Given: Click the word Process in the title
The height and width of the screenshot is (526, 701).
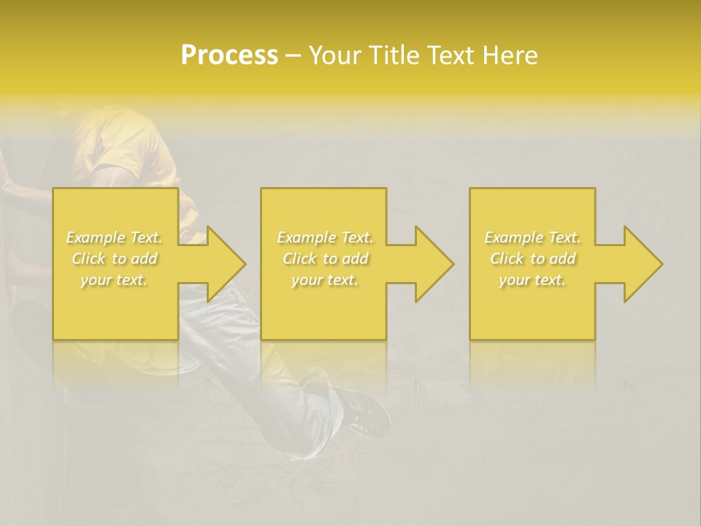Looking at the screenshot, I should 229,56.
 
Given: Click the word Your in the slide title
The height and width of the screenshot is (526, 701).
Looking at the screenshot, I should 337,56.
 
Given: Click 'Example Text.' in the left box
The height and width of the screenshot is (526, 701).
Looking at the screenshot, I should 115,237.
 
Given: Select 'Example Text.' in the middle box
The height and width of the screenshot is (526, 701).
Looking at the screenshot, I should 325,237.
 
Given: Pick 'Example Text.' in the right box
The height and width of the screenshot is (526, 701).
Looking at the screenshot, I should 532,237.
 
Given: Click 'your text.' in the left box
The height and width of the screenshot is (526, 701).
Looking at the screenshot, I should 115,280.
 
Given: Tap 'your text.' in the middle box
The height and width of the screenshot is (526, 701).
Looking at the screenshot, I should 325,280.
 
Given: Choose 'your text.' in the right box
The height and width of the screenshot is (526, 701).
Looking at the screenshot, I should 532,280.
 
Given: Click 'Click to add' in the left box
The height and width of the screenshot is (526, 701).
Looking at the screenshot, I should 115,259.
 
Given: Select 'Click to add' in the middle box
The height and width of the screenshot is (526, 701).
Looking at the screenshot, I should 325,259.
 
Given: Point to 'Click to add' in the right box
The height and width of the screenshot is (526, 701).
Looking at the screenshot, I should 532,259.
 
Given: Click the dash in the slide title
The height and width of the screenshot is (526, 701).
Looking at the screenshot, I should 293,56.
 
